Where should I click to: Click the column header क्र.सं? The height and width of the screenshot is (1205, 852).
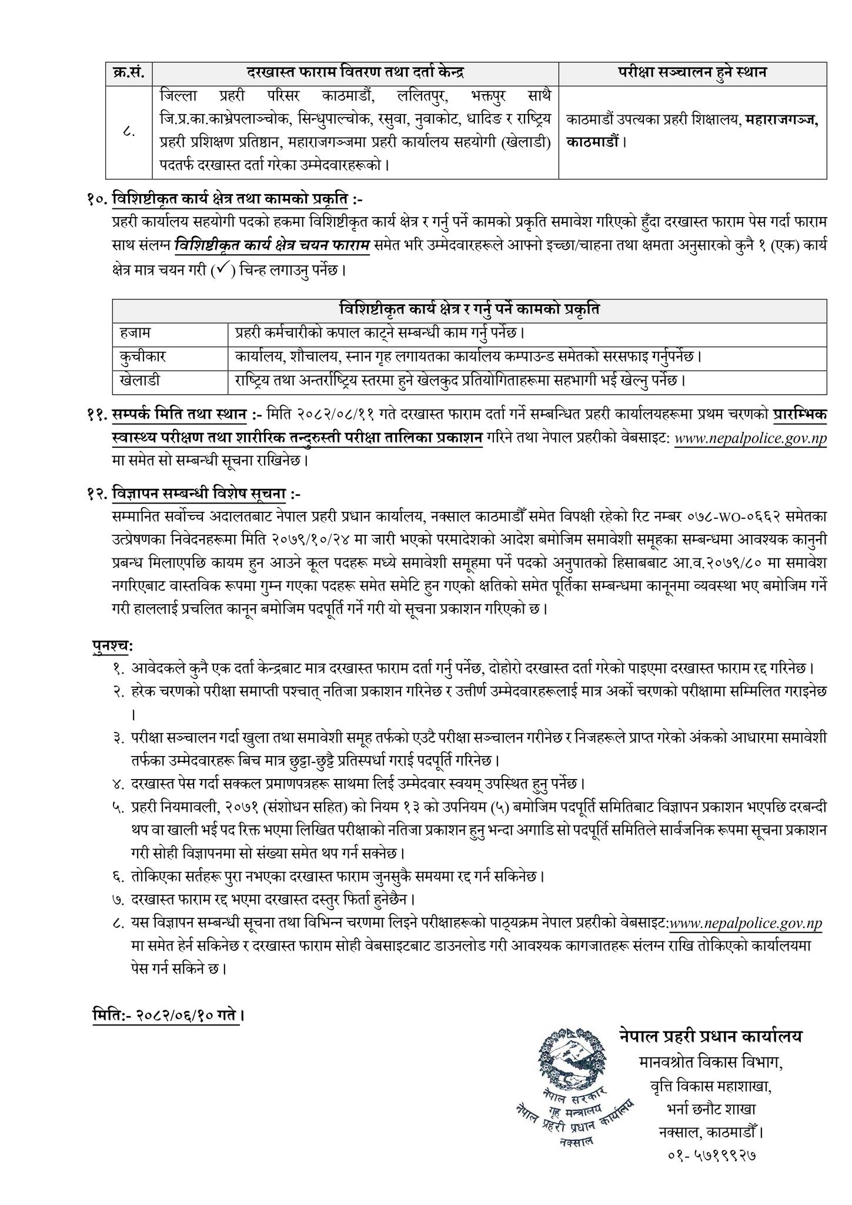tap(129, 74)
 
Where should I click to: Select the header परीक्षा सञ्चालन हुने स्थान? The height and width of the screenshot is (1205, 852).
tap(692, 74)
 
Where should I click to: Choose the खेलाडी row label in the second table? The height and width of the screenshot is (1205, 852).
tap(139, 381)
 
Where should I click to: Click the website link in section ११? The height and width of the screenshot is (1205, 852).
tap(750, 439)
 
